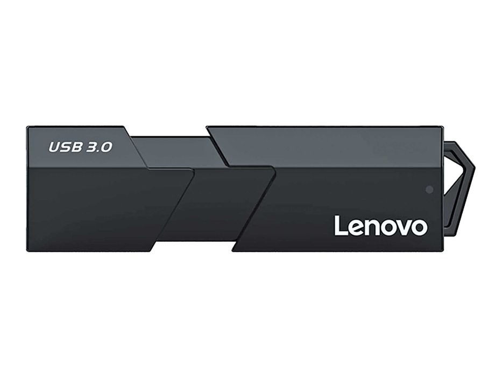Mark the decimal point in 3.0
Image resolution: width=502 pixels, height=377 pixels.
point(97,151)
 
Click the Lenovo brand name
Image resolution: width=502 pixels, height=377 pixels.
point(381,226)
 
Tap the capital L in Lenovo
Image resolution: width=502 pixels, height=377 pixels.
point(339,226)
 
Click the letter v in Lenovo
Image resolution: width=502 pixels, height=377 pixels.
point(403,228)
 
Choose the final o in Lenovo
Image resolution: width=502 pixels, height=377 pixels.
point(419,228)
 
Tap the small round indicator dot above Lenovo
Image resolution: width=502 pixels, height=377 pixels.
point(429,189)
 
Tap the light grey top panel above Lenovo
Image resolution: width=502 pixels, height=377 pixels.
point(334,146)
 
